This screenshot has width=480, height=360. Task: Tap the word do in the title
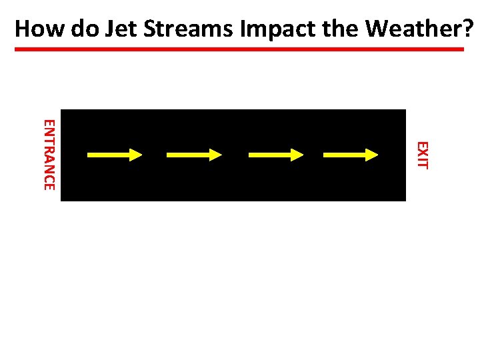pyautogui.click(x=78, y=29)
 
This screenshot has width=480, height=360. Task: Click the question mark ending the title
pyautogui.click(x=469, y=29)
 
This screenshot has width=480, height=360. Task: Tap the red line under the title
pyautogui.click(x=240, y=49)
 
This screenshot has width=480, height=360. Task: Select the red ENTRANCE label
pyautogui.click(x=49, y=154)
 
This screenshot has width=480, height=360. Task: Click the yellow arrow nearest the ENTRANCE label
pyautogui.click(x=115, y=155)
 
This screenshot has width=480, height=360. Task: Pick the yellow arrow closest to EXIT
pyautogui.click(x=351, y=155)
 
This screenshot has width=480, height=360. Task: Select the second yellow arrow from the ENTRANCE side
pyautogui.click(x=194, y=155)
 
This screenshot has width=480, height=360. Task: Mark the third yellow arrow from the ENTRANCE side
pyautogui.click(x=275, y=155)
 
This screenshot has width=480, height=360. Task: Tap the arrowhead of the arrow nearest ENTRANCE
pyautogui.click(x=136, y=155)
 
